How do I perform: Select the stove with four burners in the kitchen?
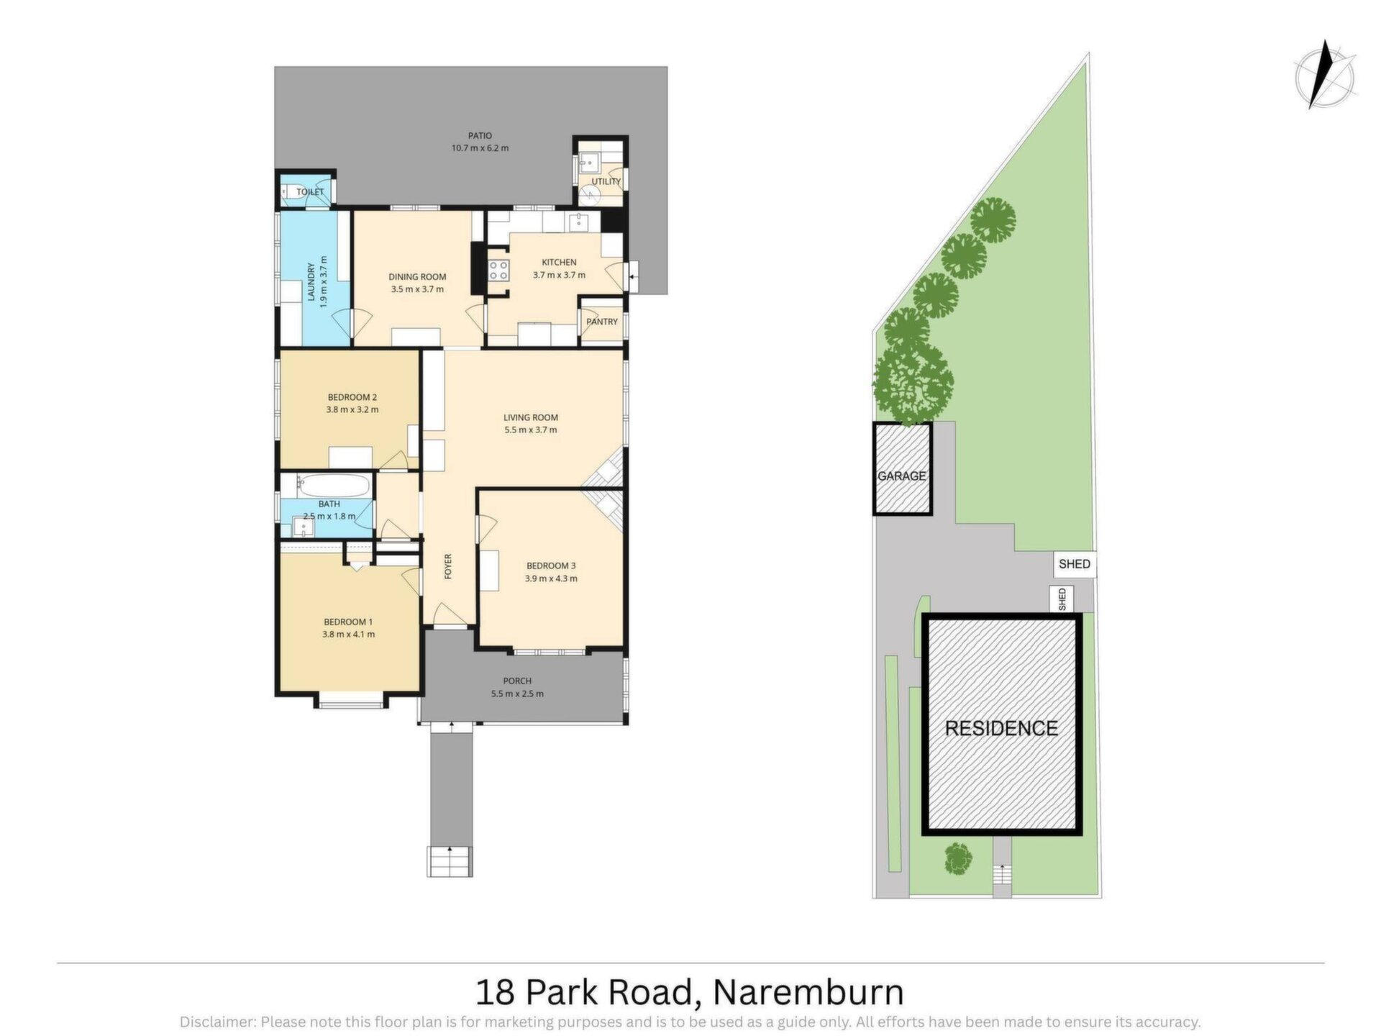tap(498, 271)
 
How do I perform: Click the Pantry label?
tap(602, 322)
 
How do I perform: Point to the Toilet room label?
tap(311, 192)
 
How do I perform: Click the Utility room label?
tap(606, 181)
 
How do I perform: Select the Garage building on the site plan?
tap(902, 468)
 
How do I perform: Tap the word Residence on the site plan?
tap(1001, 728)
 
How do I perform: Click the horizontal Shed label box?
tap(1075, 564)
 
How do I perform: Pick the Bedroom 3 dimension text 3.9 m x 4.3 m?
tap(551, 578)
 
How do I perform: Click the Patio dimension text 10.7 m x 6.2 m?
tap(480, 148)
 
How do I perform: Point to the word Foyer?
tap(448, 566)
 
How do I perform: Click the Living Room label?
tap(531, 417)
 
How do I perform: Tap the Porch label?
tap(517, 681)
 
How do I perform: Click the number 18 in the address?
tap(496, 992)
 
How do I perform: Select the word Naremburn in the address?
tap(808, 992)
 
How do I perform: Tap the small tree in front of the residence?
tap(958, 858)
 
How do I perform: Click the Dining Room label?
tap(417, 277)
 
